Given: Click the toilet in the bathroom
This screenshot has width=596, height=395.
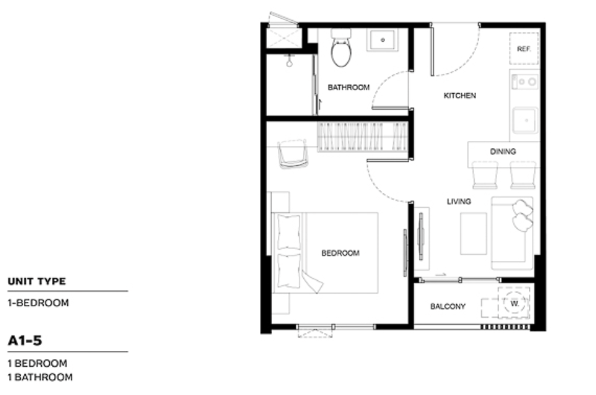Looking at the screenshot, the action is pos(341,48).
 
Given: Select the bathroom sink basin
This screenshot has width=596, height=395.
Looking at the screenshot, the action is pos(382,40).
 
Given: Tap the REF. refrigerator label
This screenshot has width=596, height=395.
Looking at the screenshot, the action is pos(524,49).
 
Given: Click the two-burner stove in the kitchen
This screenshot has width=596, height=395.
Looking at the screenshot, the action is pos(524,81).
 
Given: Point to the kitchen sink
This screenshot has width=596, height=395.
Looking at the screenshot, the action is pos(525,121).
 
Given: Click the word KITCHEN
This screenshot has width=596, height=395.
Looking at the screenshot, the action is pos(460,95).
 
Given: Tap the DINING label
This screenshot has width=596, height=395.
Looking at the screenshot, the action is pos(502,151).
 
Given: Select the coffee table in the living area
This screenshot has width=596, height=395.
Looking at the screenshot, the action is pos(473,233).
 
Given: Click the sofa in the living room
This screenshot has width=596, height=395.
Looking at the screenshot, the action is pos(513,233).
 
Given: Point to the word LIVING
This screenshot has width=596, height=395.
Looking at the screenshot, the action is pos(459,201).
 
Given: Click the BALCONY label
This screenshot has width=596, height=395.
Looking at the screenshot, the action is pos(448,306).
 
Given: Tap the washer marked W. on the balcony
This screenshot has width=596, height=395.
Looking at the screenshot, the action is pos(514,303).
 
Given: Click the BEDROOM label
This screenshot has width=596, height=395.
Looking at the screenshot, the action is pos(340,253).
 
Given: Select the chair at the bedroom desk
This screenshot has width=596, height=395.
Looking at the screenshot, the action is pos(293,154).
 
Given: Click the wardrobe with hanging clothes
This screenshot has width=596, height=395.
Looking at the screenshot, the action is pos(362,137).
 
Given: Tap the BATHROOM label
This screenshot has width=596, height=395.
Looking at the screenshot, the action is pos(349,87).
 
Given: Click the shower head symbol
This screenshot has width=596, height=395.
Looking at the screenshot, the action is pos(289,61).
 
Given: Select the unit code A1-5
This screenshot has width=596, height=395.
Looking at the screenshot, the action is pos(25,341).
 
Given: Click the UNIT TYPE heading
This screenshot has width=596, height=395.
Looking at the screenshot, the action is pos(37,281).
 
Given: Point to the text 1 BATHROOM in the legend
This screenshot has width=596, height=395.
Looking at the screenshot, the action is pos(40,377).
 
